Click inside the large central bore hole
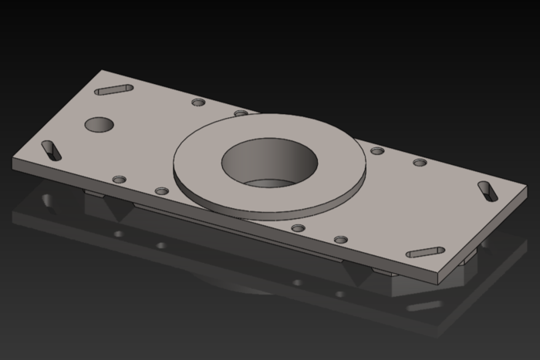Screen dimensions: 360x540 269,163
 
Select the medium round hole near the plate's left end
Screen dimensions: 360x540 99,124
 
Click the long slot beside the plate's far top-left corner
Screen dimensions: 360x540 114,90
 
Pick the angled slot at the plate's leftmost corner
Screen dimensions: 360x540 52,150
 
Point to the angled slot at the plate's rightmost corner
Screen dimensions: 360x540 488,191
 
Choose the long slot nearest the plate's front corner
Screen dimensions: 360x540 425,252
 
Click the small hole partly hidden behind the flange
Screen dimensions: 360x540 241,113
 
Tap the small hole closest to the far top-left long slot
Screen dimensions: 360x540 198,102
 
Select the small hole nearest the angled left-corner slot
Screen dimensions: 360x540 119,180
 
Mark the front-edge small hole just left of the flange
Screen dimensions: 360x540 161,190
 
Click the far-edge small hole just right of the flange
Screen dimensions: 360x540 377,150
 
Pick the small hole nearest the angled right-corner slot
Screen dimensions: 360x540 420,163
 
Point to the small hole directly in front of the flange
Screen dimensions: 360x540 299,228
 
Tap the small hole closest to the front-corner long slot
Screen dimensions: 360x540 341,240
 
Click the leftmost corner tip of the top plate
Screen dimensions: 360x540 12,160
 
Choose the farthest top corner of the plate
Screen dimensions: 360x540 103,71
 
